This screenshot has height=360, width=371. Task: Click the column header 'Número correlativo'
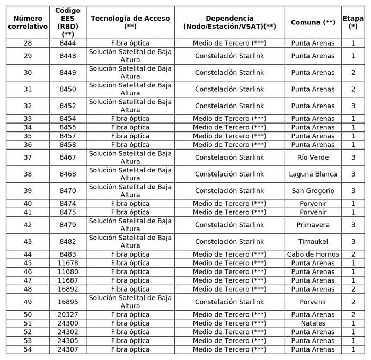pyautogui.click(x=28, y=22)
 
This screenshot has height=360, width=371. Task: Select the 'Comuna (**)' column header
pyautogui.click(x=313, y=22)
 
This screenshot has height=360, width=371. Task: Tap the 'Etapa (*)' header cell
pyautogui.click(x=353, y=22)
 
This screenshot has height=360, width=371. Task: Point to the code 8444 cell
pyautogui.click(x=68, y=43)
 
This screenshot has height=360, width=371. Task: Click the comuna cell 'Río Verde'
pyautogui.click(x=313, y=157)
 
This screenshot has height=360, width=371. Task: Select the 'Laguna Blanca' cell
pyautogui.click(x=313, y=174)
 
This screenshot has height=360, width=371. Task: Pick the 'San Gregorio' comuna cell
pyautogui.click(x=313, y=191)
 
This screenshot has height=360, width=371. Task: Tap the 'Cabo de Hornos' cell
pyautogui.click(x=313, y=254)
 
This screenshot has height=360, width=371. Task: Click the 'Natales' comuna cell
pyautogui.click(x=313, y=323)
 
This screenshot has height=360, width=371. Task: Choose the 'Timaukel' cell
pyautogui.click(x=313, y=242)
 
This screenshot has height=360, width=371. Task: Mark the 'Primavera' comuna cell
pyautogui.click(x=313, y=225)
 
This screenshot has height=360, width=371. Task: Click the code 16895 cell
pyautogui.click(x=68, y=302)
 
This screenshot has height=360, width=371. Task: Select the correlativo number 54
pyautogui.click(x=28, y=349)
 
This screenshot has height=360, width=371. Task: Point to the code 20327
pyautogui.click(x=68, y=315)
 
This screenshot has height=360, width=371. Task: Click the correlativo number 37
pyautogui.click(x=28, y=157)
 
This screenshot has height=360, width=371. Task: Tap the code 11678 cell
pyautogui.click(x=68, y=263)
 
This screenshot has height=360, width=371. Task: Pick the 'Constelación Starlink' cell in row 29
pyautogui.click(x=229, y=56)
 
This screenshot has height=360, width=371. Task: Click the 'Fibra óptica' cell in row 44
pyautogui.click(x=130, y=254)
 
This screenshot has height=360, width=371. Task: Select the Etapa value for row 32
pyautogui.click(x=353, y=106)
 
